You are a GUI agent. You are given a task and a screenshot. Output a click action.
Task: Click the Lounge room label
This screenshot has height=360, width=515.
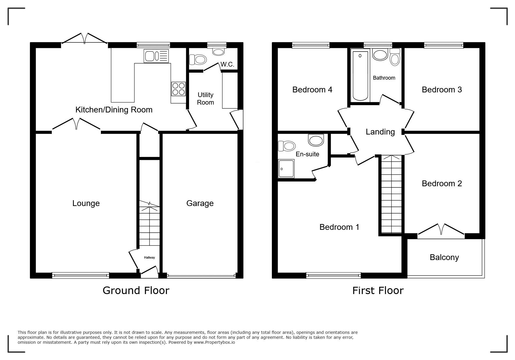86,203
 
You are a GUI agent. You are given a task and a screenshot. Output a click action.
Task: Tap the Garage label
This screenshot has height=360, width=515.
200,203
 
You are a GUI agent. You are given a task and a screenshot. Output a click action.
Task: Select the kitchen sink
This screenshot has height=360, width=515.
156,56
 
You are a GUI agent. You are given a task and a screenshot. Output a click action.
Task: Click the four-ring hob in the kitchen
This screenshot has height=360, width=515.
179,89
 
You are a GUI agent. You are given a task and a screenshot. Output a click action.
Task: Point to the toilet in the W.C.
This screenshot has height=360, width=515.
197,60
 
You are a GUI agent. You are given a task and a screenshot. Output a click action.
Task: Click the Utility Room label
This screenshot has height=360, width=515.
206,98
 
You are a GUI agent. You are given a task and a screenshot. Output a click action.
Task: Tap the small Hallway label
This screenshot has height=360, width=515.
149,257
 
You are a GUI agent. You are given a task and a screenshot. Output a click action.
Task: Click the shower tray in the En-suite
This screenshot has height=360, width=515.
286,169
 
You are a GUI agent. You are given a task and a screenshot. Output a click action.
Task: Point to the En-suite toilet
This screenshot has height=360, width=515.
286,146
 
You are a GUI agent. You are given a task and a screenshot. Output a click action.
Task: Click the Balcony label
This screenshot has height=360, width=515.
444,257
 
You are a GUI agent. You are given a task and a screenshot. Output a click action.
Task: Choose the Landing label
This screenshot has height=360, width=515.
380,132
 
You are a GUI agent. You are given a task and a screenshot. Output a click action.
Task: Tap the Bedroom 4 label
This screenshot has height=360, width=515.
312,89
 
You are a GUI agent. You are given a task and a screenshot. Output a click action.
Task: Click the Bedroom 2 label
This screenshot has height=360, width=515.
442,183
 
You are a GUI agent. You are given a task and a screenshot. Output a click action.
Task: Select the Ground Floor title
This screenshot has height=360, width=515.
136,290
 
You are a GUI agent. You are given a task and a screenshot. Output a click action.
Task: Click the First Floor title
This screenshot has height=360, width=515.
378,290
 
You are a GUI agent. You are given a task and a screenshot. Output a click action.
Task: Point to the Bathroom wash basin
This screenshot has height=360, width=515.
380,55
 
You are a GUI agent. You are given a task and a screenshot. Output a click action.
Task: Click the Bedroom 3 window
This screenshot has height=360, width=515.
443,45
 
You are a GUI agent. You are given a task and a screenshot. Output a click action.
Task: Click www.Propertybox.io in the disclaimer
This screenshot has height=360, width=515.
214,342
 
